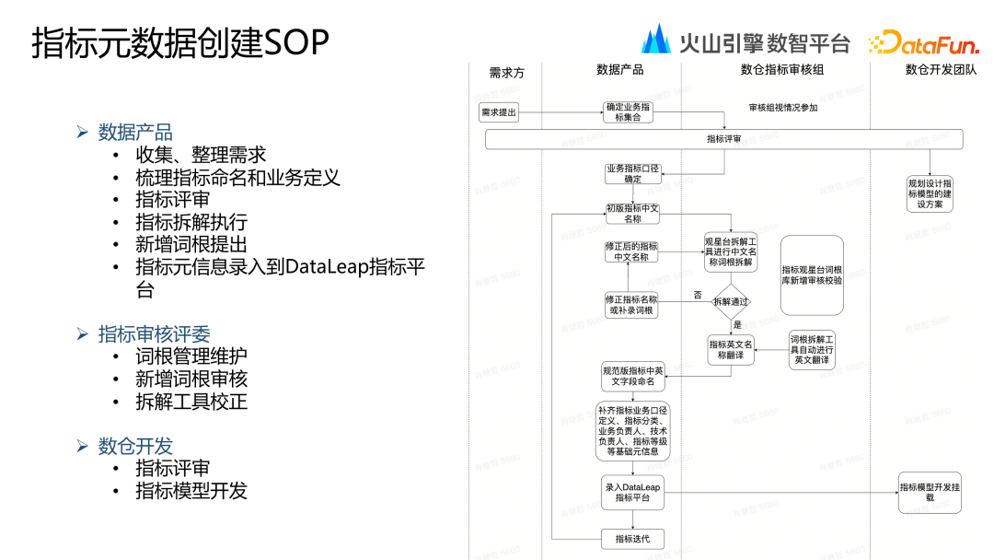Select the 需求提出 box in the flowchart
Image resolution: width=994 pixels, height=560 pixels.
tap(499, 113)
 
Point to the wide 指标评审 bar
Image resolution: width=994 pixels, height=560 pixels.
tap(723, 139)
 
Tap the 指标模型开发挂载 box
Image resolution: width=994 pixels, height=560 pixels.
tap(930, 492)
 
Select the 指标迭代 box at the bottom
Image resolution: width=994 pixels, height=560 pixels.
tap(631, 538)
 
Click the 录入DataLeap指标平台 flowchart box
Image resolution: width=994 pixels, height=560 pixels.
tap(632, 492)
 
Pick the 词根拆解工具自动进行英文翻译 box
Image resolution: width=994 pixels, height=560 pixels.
tap(812, 349)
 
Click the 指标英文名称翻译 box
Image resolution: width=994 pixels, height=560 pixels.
tap(732, 350)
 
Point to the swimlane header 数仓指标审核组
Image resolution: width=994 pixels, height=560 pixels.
tap(781, 69)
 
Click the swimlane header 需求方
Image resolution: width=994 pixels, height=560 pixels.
tap(506, 72)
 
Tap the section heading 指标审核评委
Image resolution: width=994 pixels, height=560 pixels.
tap(161, 333)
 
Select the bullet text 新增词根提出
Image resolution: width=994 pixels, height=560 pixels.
tap(191, 244)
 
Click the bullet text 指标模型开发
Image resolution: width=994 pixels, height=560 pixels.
tap(191, 491)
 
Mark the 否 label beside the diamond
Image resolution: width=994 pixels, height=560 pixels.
tap(697, 295)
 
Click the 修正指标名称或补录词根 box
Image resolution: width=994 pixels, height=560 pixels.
tap(631, 305)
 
